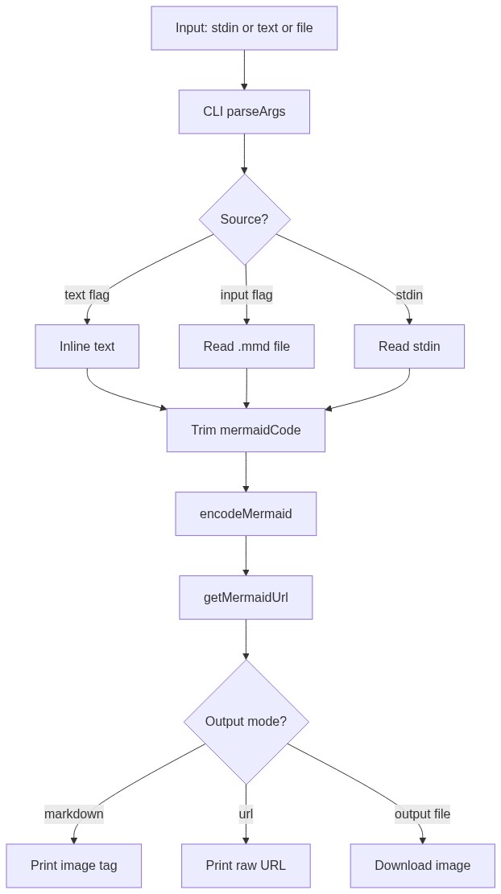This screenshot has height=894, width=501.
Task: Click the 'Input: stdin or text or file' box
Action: click(x=244, y=28)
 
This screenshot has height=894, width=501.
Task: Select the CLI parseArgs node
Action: click(x=244, y=112)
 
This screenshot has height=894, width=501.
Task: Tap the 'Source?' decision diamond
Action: click(x=244, y=219)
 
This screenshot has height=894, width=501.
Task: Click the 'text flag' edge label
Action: click(x=87, y=295)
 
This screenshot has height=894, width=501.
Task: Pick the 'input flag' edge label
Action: click(x=246, y=295)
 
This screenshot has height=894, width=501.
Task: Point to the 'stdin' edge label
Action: click(x=409, y=295)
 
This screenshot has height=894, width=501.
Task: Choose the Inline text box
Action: click(x=87, y=347)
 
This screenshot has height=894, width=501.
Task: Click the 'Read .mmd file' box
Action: click(x=246, y=347)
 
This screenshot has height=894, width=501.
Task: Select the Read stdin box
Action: click(x=409, y=347)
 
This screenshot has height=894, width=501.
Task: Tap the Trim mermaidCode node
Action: click(x=246, y=431)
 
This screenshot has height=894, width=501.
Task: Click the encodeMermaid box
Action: click(x=246, y=514)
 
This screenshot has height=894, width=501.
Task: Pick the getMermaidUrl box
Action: click(x=246, y=598)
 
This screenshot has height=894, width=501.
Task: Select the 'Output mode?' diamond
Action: click(x=246, y=722)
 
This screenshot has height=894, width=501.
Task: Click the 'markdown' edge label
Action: click(x=74, y=814)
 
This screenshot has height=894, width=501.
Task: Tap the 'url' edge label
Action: click(x=246, y=814)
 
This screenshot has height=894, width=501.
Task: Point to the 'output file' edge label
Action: click(x=422, y=814)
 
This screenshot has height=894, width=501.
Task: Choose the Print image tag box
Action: click(x=74, y=866)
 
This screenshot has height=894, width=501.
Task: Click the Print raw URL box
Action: click(x=246, y=866)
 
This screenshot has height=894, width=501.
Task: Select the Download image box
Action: click(x=422, y=866)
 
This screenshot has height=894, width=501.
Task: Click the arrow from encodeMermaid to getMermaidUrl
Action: click(x=246, y=555)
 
